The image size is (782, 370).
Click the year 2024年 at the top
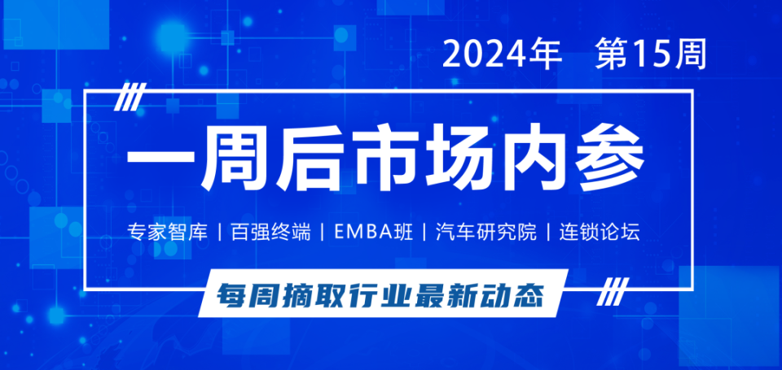503,54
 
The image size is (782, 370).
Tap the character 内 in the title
531,160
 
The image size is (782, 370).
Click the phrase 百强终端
271,233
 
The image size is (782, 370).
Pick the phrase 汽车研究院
486,233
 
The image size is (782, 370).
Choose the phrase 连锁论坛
600,233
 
